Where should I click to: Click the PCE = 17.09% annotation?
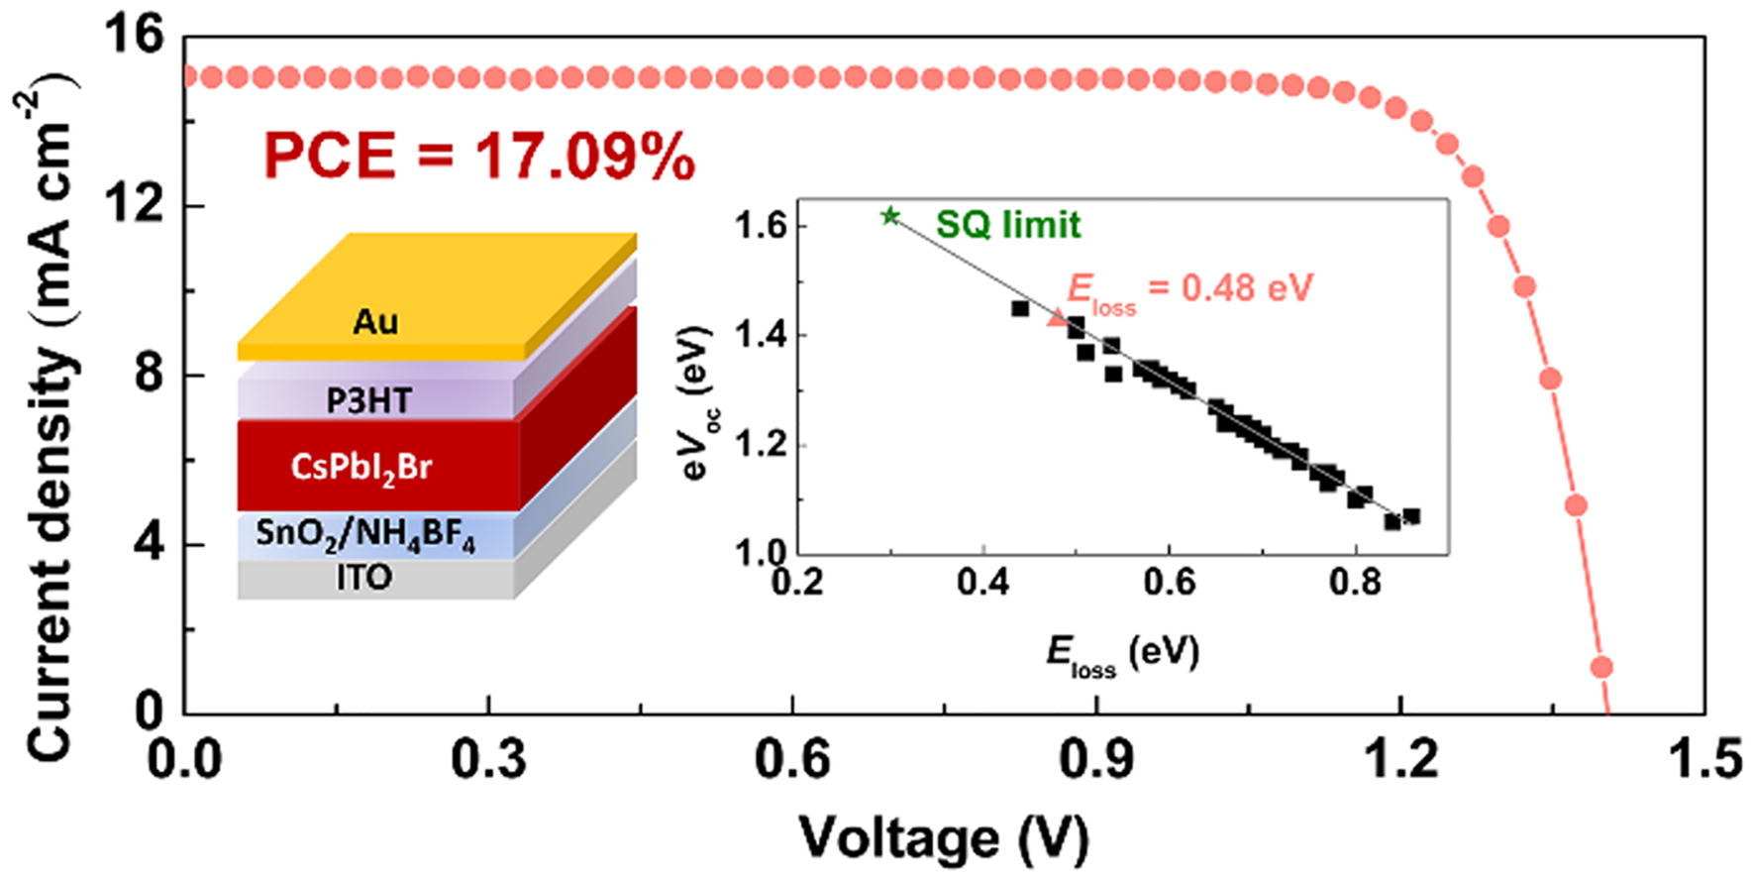click(x=479, y=157)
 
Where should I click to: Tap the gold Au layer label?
click(x=375, y=321)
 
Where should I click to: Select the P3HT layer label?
click(x=368, y=400)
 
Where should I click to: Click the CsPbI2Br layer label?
click(x=361, y=466)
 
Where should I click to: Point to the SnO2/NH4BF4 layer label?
click(x=364, y=535)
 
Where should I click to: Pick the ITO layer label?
click(x=363, y=578)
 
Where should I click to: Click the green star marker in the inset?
click(x=890, y=215)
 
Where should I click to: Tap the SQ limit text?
click(x=1008, y=226)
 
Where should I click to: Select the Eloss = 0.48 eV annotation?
click(x=1188, y=289)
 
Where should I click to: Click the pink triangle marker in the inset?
click(x=1058, y=318)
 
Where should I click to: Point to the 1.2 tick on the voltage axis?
click(x=1399, y=759)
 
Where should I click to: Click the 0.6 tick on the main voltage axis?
click(x=792, y=759)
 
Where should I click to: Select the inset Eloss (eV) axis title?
click(x=1121, y=654)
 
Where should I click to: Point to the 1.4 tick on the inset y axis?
click(x=757, y=336)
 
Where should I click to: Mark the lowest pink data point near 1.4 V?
click(x=1601, y=667)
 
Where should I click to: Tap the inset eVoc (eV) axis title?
click(x=698, y=401)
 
